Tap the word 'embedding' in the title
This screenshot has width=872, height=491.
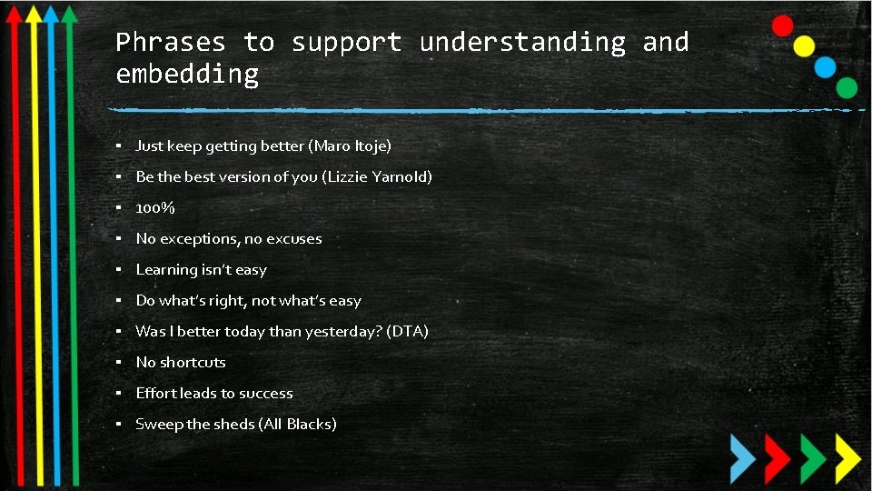tap(187, 74)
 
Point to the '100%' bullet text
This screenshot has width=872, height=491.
tap(155, 208)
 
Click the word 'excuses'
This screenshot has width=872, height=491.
tap(294, 239)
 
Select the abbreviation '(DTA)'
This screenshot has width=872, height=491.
tap(407, 331)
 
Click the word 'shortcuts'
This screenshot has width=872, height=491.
tap(193, 362)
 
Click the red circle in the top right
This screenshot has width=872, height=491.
tap(782, 25)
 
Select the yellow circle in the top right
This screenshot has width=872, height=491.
tap(804, 45)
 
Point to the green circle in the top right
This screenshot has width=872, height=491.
tap(847, 87)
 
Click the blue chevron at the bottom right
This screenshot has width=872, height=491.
tap(743, 456)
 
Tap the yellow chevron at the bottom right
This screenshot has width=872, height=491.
tap(847, 456)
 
